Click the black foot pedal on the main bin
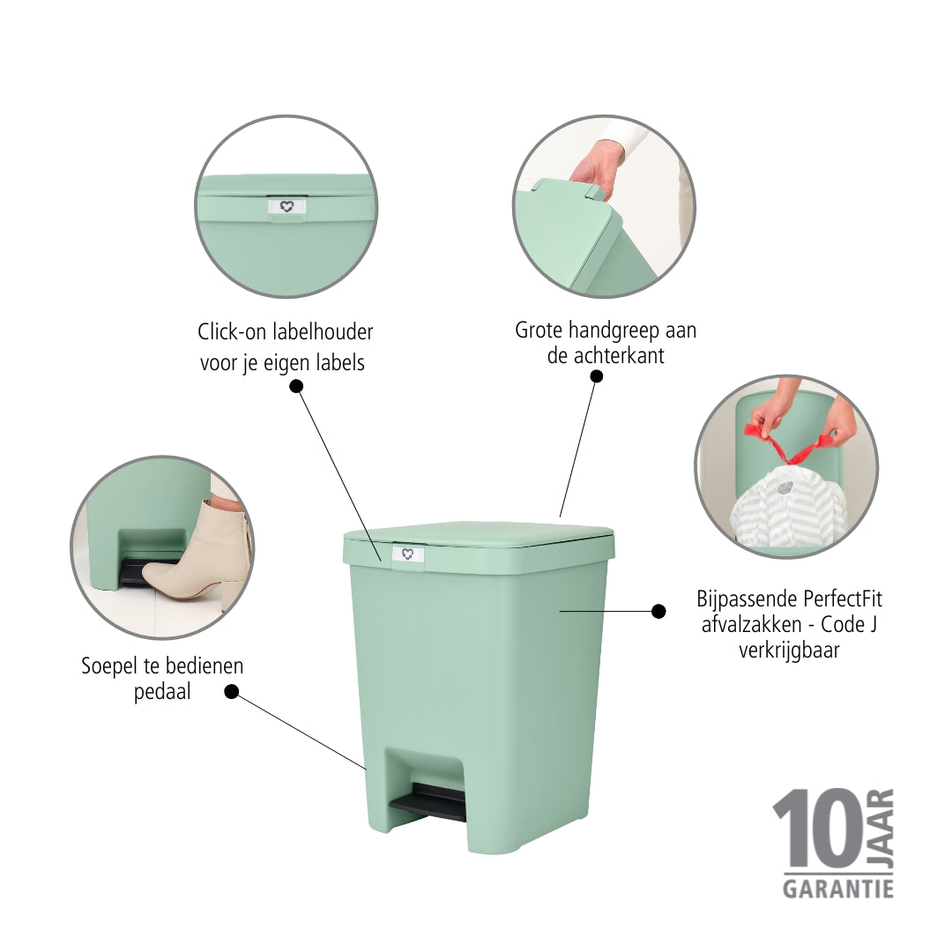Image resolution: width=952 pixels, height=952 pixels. [428, 803]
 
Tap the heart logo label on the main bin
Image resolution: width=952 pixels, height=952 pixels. [407, 554]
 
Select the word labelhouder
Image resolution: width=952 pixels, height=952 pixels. [323, 331]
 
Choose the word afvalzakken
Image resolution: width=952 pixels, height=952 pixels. [752, 624]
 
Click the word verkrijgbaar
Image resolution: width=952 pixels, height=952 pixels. [789, 651]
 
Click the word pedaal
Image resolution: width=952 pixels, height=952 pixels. [162, 692]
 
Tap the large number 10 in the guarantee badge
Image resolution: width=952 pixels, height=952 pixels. [817, 828]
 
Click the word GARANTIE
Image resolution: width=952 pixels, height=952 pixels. [838, 889]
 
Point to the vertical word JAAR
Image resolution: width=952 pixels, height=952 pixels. [881, 828]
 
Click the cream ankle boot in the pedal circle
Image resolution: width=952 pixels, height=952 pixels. [197, 554]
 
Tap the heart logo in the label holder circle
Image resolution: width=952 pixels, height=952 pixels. [287, 206]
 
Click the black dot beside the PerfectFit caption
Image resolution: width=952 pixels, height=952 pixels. [658, 612]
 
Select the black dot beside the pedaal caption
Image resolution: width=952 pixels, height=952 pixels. [231, 692]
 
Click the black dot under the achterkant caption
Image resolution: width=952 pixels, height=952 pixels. [597, 376]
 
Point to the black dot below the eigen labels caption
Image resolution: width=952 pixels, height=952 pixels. [296, 386]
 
